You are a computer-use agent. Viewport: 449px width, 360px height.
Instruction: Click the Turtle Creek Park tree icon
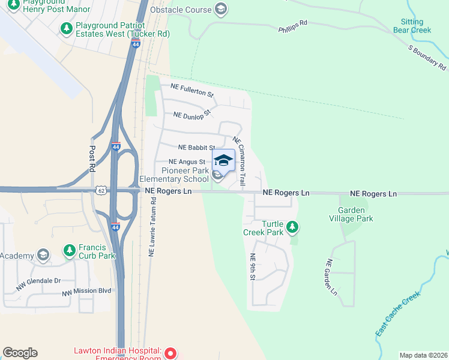click(292, 227)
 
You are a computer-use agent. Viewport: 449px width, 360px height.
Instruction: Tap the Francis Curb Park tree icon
click(69, 250)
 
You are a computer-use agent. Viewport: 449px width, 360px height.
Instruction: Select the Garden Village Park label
click(355, 214)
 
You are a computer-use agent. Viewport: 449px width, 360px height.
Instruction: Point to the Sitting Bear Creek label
click(412, 26)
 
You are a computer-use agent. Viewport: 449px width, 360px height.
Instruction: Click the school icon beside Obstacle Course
click(221, 9)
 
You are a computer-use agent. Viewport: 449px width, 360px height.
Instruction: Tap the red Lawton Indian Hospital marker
click(170, 353)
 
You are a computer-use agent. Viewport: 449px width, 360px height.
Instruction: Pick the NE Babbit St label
click(196, 148)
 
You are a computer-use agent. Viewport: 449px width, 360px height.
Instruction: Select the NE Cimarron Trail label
click(240, 160)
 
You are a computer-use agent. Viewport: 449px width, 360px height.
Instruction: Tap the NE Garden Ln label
click(331, 277)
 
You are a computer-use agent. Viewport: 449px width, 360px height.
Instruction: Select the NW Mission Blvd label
click(87, 291)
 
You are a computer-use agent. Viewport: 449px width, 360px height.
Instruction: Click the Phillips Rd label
click(293, 25)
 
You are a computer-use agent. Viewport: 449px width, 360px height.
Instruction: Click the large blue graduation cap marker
click(223, 161)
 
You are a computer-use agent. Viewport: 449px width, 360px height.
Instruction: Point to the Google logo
click(20, 353)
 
